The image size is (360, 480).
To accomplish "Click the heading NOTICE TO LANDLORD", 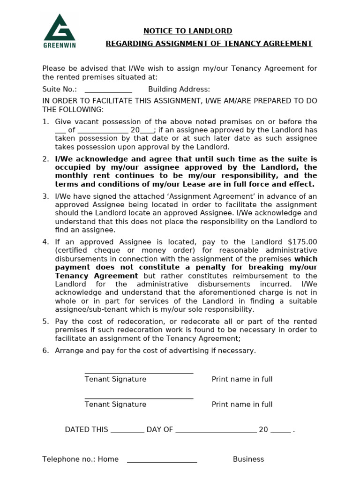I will [187, 31].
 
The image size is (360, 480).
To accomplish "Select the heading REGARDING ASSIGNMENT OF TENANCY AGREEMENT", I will [209, 44].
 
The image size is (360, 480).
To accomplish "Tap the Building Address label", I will [179, 90].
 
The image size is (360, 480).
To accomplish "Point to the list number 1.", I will [45, 122].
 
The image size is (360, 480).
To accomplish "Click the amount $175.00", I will [302, 242].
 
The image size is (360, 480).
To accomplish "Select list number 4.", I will [45, 242].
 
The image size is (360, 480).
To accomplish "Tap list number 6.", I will [45, 351].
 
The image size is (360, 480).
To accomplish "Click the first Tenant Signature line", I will [139, 373].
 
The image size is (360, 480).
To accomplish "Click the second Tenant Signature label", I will [115, 405].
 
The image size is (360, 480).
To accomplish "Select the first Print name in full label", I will [242, 379].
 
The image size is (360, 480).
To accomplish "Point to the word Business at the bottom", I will [248, 459].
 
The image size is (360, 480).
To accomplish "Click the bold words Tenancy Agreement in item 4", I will [97, 276].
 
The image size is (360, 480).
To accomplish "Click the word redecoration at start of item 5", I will [135, 322].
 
